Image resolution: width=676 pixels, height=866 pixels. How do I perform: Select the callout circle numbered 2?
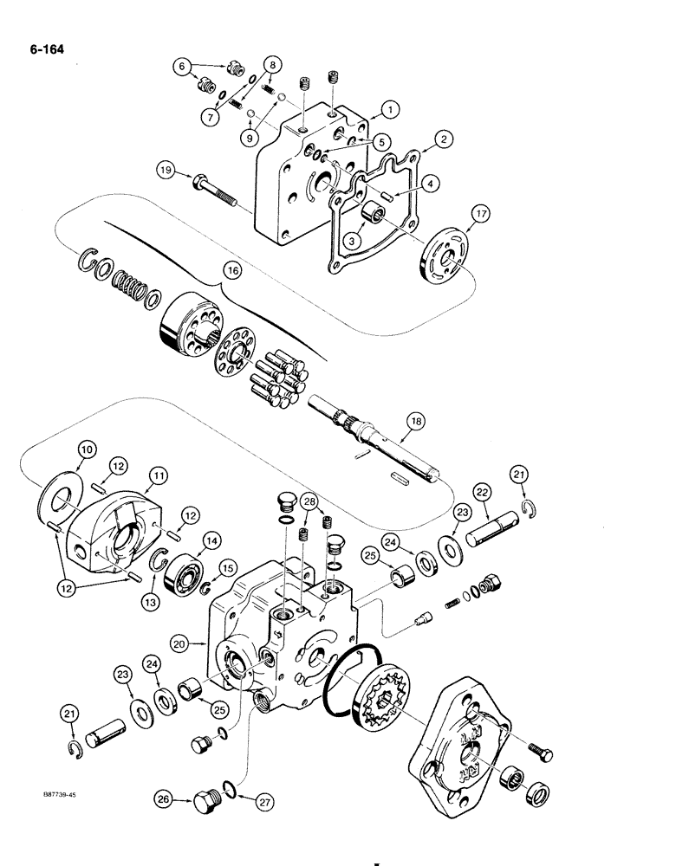[442, 138]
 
